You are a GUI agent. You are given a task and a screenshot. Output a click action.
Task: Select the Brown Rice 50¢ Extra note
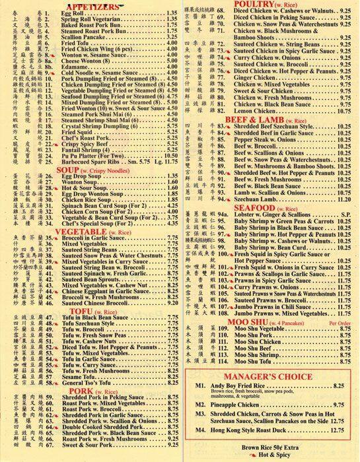tap(283, 447)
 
